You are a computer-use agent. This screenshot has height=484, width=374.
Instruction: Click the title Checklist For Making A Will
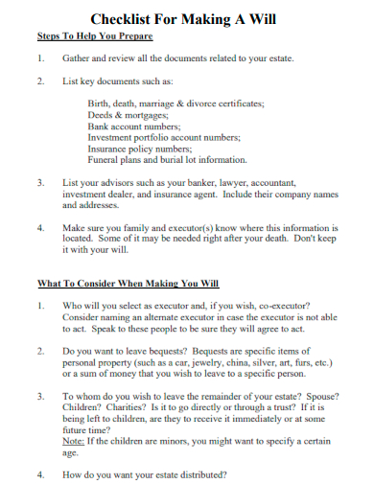(x=187, y=18)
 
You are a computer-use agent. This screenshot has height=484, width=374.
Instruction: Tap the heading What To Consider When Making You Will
(x=129, y=284)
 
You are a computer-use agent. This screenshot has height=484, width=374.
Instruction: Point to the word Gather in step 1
(x=78, y=59)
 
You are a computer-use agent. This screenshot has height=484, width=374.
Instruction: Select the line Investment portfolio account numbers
(x=164, y=137)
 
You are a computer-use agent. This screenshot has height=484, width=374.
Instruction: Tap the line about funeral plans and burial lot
(x=167, y=160)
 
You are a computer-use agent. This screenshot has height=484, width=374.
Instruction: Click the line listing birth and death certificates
(x=175, y=103)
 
